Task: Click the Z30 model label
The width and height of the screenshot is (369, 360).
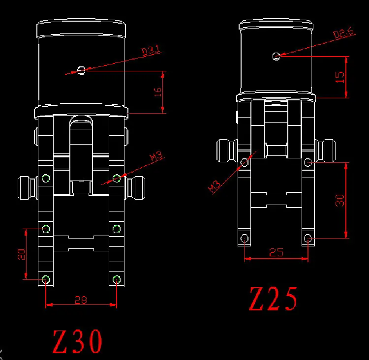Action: [77, 342]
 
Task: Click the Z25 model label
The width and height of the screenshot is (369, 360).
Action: [273, 299]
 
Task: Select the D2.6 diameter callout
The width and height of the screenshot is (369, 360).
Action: [343, 32]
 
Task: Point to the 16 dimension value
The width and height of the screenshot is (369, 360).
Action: [157, 92]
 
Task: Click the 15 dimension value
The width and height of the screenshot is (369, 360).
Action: [339, 77]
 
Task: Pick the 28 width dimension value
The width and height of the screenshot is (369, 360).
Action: [81, 300]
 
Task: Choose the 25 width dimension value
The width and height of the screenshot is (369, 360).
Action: [276, 252]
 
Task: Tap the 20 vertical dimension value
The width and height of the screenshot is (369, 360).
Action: [21, 254]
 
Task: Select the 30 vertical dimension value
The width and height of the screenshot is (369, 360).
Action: [340, 200]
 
